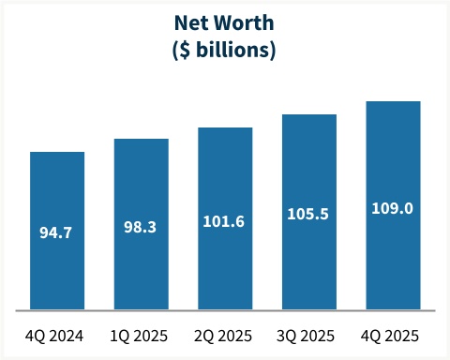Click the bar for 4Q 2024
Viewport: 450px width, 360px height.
(57, 187)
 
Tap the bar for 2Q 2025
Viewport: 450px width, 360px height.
(225, 178)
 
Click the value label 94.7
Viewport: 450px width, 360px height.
(57, 231)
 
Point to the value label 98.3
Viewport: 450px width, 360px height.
(142, 226)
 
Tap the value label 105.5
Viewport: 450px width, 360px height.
(309, 215)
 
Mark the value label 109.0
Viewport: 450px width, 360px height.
(393, 208)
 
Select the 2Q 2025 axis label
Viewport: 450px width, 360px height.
(225, 335)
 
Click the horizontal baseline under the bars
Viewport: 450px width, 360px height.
(225, 310)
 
